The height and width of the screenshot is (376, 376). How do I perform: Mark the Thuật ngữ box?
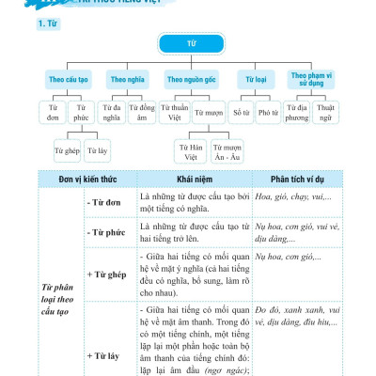click(x=327, y=115)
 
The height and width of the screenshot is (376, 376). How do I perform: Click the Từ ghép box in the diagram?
click(x=66, y=149)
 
